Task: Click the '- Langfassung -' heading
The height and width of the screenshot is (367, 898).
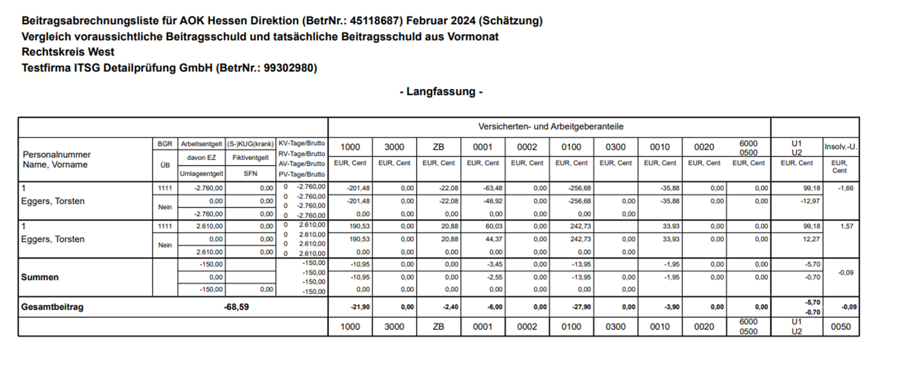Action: [x=441, y=91]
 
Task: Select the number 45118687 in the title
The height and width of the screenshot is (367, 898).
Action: [x=375, y=21]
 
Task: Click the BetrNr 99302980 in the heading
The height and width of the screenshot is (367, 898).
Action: [x=290, y=68]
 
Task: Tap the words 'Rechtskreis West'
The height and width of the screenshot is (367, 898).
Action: [x=68, y=52]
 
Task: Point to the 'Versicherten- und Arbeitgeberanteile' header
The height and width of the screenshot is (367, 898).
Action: [x=550, y=126]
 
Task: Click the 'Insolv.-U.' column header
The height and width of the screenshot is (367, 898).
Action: [x=840, y=147]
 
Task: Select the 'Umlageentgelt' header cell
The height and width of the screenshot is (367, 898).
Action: [x=201, y=174]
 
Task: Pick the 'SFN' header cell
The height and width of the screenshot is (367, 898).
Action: [x=250, y=174]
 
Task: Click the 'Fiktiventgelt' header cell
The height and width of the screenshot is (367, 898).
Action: [x=250, y=158]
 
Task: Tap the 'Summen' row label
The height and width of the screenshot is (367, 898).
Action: [x=39, y=277]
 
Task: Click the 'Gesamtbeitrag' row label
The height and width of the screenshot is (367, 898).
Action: [x=52, y=307]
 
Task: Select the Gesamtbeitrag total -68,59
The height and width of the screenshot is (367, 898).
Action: [x=236, y=307]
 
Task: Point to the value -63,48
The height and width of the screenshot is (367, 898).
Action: [x=493, y=188]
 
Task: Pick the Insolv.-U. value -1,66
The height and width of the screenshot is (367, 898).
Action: [x=846, y=188]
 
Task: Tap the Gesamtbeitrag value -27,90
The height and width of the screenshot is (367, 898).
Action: [x=582, y=307]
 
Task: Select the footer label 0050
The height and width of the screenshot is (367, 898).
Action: [x=840, y=326]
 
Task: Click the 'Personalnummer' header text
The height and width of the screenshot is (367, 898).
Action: [x=57, y=155]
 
